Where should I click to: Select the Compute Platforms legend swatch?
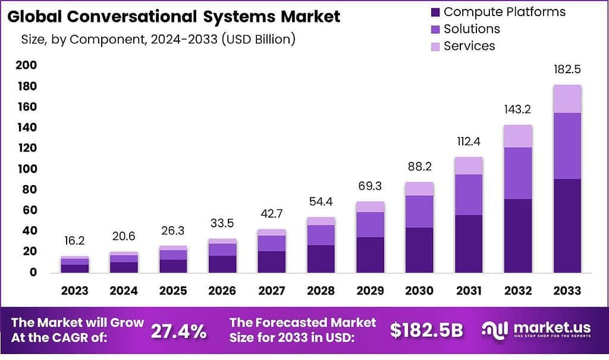pyautogui.click(x=434, y=12)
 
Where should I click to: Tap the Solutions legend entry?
pyautogui.click(x=471, y=29)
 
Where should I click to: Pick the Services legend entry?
pyautogui.click(x=469, y=46)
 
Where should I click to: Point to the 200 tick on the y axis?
pyautogui.click(x=26, y=65)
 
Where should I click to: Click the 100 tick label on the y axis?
pyautogui.click(x=26, y=169)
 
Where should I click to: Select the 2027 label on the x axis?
pyautogui.click(x=272, y=291)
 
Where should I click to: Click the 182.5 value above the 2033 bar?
pyautogui.click(x=567, y=70)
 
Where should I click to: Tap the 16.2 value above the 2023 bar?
pyautogui.click(x=75, y=241)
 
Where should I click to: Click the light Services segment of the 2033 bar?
pyautogui.click(x=567, y=99)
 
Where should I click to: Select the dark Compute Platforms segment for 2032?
pyautogui.click(x=517, y=236)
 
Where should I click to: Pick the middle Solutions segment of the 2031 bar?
pyautogui.click(x=469, y=195)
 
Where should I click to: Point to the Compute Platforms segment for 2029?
pyautogui.click(x=371, y=255)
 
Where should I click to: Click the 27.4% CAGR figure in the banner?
pyautogui.click(x=178, y=331)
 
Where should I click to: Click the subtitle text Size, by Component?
pyautogui.click(x=158, y=40)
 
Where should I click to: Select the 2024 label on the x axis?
pyautogui.click(x=124, y=291)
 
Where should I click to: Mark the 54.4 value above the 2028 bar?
pyautogui.click(x=321, y=202)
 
